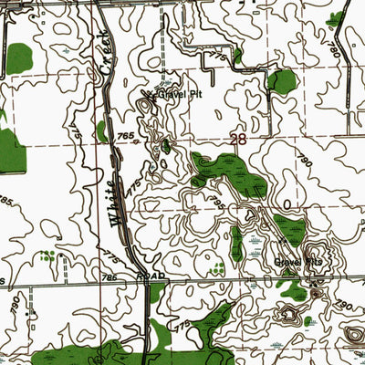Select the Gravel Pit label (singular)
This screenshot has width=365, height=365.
174,95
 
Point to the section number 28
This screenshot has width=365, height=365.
239,140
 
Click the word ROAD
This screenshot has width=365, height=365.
151,275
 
